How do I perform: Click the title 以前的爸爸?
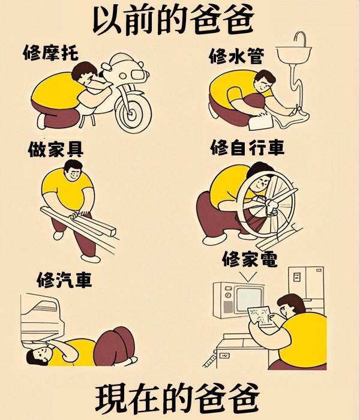click(173, 19)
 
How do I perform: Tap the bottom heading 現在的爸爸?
click(178, 398)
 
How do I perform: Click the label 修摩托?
click(51, 53)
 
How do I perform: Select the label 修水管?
click(236, 56)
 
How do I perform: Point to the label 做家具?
click(55, 149)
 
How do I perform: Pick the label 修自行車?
click(247, 148)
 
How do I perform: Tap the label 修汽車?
click(64, 280)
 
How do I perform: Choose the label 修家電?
click(250, 259)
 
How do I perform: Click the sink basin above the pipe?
click(294, 54)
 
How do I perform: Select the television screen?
click(249, 299)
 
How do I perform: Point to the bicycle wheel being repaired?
click(266, 204)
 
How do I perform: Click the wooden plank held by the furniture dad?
click(77, 221)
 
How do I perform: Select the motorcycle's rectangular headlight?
click(138, 74)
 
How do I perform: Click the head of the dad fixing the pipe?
click(265, 80)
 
